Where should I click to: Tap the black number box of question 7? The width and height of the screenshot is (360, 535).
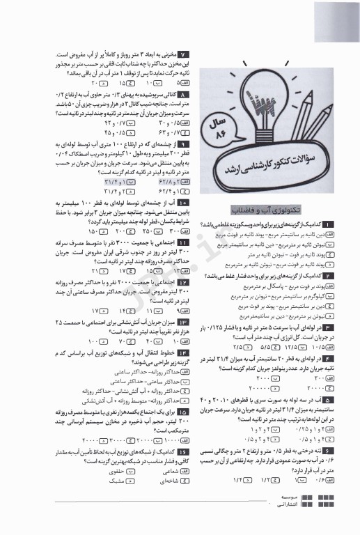pyautogui.click(x=183, y=54)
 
